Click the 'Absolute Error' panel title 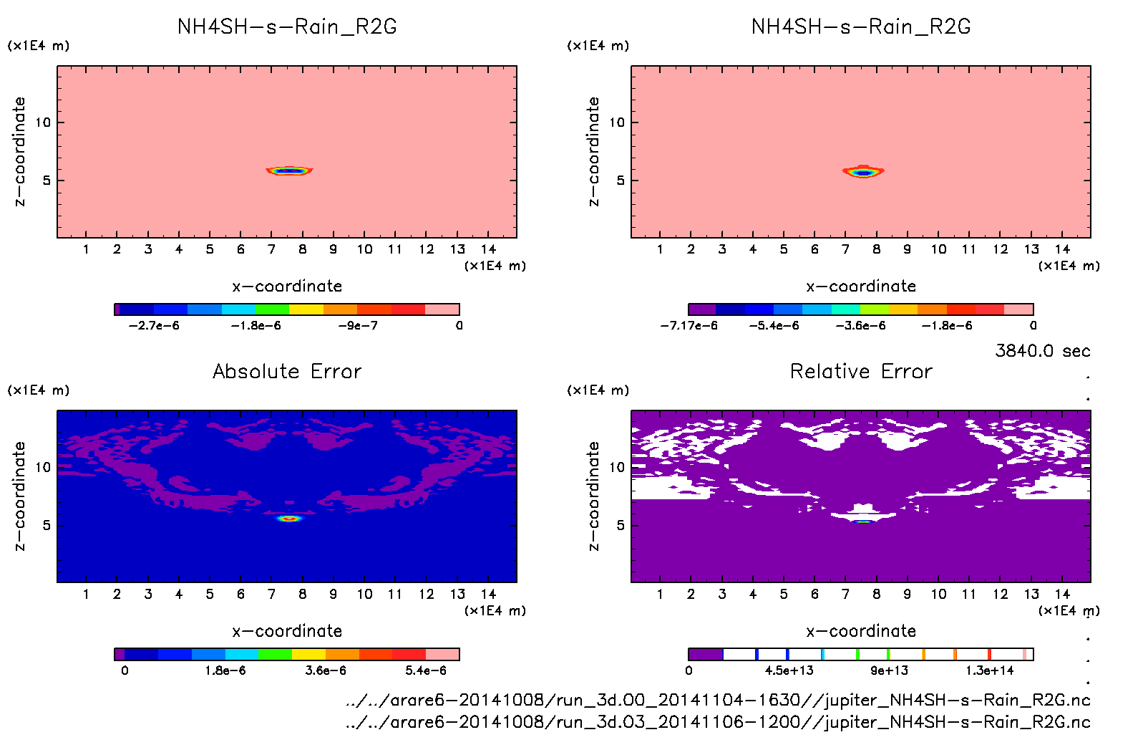pos(287,371)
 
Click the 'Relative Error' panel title pos(861,371)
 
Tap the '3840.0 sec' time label pos(1042,351)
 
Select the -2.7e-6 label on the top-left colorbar pos(154,326)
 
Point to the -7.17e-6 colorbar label pos(689,326)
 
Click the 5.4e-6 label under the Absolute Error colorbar pos(426,670)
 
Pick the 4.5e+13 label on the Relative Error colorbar pos(789,670)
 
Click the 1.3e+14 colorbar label pos(990,670)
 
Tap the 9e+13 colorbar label pos(889,670)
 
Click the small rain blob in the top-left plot pos(289,170)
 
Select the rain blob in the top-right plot pos(863,172)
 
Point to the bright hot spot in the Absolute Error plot pos(289,518)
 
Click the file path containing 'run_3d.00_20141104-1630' pos(718,700)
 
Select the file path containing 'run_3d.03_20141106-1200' pos(718,722)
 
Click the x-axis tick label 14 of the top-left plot pos(488,249)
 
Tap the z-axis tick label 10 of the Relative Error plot pos(617,467)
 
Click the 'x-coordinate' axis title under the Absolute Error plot pos(287,631)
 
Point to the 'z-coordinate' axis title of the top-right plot pos(593,152)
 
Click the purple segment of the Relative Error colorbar pos(706,654)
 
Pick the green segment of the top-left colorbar pos(272,309)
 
